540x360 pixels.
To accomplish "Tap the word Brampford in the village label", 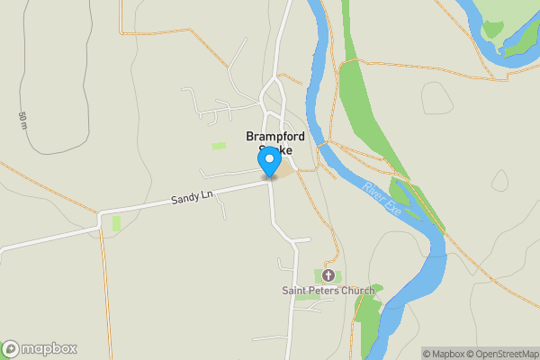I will tap(275, 137).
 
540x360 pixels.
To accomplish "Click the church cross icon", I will tap(328, 274).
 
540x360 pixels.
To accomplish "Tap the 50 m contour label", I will tap(22, 120).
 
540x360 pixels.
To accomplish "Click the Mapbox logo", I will tap(39, 349).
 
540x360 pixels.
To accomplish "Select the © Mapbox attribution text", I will tap(446, 354).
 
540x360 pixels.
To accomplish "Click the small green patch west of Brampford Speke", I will tap(219, 146).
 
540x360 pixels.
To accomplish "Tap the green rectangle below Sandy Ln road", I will tap(115, 223).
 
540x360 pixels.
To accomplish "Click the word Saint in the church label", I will tap(295, 291).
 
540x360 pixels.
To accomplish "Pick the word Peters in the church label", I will tap(324, 291).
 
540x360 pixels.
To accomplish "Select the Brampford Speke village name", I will tap(275, 143).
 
